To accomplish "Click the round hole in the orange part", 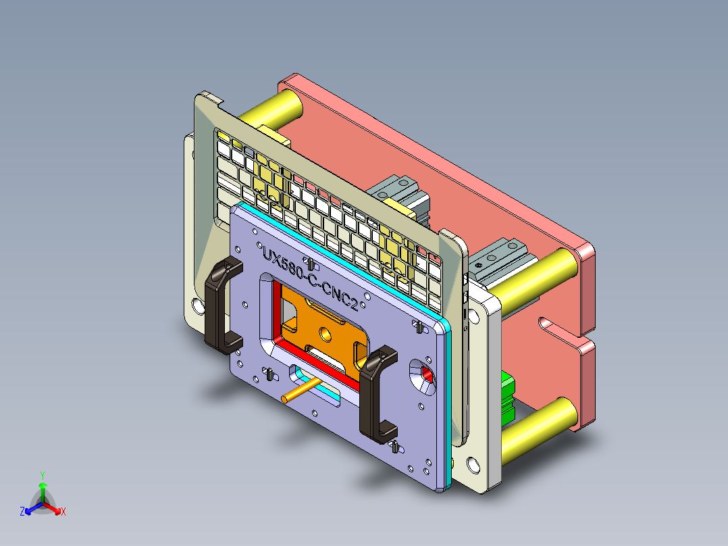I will tap(326, 334).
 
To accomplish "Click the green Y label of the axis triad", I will tap(42, 475).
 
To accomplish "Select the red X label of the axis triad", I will tap(63, 512).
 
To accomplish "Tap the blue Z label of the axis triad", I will tap(22, 512).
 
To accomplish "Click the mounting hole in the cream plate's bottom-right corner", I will tap(473, 465).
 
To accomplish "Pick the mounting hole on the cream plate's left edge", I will tap(197, 305).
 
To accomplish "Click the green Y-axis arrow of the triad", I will tap(43, 490).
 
